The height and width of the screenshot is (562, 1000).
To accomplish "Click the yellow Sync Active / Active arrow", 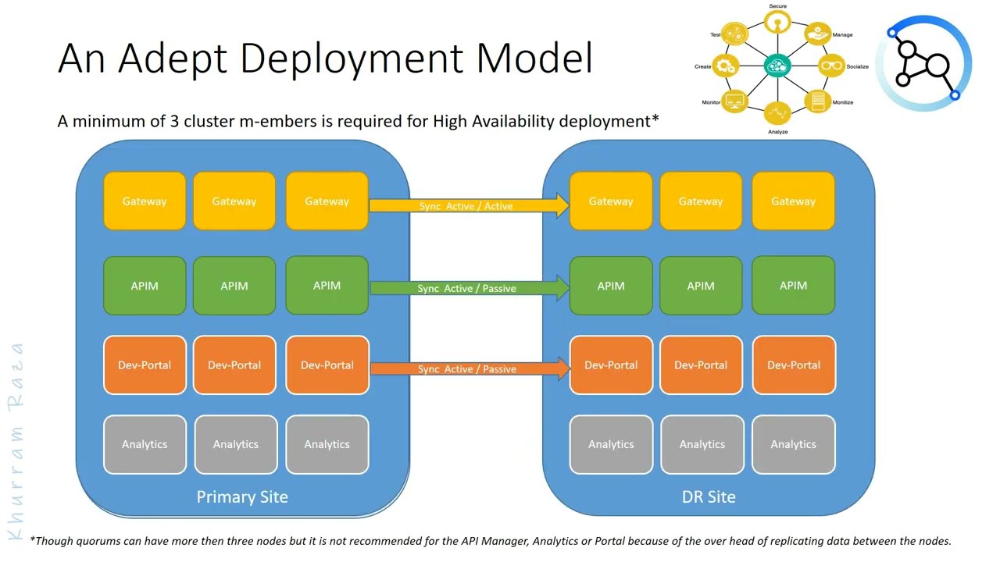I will pyautogui.click(x=467, y=206).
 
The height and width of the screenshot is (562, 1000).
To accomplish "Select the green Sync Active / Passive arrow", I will pyautogui.click(x=467, y=288).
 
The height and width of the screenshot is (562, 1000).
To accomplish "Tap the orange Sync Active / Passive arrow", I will pyautogui.click(x=467, y=368).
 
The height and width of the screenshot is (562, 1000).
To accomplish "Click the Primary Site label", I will pyautogui.click(x=242, y=496).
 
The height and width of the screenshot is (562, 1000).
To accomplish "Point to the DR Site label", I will pyautogui.click(x=709, y=496).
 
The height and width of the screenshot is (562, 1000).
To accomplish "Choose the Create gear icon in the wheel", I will pyautogui.click(x=727, y=66).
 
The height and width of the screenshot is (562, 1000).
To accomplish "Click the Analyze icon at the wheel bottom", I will pyautogui.click(x=777, y=114).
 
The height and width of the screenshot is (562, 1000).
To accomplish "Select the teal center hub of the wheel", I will pyautogui.click(x=777, y=66).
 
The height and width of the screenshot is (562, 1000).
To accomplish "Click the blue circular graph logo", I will pyautogui.click(x=923, y=62).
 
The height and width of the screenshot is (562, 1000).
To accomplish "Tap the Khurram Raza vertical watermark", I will pyautogui.click(x=16, y=441).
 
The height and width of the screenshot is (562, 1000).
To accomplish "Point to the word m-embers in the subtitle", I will pyautogui.click(x=298, y=121).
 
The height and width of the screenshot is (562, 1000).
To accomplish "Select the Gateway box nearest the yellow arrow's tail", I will pyautogui.click(x=327, y=201).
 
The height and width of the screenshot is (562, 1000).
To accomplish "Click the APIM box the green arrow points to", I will pyautogui.click(x=611, y=286).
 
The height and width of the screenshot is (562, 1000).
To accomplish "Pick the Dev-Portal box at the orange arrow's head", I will pyautogui.click(x=611, y=365).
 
